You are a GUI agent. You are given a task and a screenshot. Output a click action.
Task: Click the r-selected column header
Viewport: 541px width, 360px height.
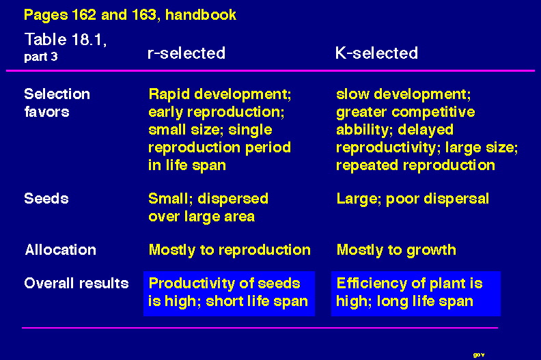coord(186,53)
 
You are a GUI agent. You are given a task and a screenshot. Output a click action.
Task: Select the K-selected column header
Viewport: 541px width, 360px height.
coord(376,53)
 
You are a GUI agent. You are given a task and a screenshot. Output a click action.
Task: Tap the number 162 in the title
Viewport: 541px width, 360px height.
coord(84,15)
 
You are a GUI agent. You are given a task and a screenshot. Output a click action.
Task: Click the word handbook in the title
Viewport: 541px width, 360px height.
coord(201,15)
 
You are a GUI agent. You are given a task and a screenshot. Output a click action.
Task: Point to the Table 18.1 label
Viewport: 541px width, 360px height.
coord(66,40)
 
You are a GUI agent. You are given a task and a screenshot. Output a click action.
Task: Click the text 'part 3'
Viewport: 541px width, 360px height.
coord(41,57)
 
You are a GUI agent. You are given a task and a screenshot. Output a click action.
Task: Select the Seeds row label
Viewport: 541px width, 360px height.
coord(46,199)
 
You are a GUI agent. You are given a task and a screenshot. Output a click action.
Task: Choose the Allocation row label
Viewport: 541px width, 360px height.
coord(60,249)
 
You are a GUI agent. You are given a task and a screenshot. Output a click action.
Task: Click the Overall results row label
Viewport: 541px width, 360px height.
coord(77,283)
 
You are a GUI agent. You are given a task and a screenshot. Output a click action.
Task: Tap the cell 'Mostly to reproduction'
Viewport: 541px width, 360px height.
coord(230,250)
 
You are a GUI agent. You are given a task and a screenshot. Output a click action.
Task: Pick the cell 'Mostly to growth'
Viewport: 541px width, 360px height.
coord(396,250)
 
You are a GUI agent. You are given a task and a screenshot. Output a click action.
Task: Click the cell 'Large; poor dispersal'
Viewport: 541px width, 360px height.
coord(413,199)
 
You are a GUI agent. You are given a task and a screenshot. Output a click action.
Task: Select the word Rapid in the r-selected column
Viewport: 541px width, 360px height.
coord(169,94)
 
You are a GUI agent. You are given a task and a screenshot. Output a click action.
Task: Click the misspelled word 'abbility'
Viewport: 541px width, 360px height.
coord(365,130)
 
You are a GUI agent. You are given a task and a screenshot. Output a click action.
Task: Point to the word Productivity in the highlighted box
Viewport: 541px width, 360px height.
coord(191,283)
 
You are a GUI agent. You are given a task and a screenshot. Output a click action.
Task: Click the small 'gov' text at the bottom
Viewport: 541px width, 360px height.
coord(479,355)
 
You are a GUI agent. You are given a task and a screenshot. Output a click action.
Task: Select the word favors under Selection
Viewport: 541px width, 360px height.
coord(46,112)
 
